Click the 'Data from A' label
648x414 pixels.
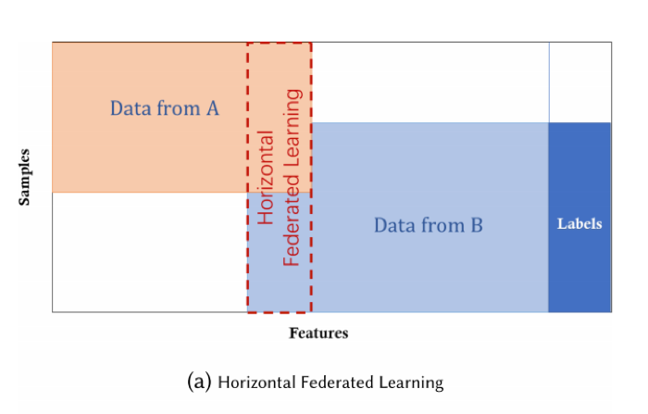165,108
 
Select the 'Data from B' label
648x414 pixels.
428,225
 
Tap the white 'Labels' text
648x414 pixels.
579,224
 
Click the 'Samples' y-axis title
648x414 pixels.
24,177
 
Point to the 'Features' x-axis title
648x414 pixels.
318,332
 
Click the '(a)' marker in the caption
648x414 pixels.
199,382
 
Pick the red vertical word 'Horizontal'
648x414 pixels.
266,178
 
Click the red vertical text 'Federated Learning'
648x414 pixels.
292,178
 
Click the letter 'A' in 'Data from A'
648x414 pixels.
212,108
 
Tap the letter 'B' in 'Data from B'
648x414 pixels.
477,225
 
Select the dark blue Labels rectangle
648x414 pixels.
579,217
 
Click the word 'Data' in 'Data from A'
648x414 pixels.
128,108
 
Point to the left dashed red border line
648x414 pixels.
247,178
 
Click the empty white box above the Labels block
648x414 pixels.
580,82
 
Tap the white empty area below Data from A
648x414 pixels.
150,252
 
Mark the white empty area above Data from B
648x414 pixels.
430,82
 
